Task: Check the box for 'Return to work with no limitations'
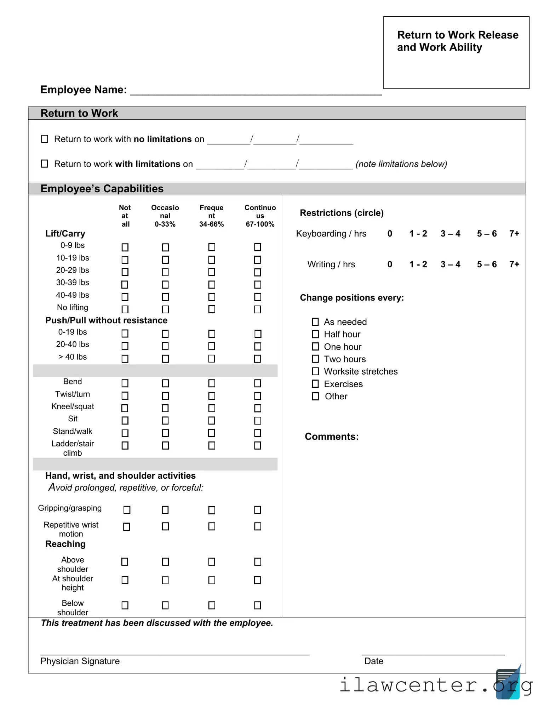[x=45, y=139]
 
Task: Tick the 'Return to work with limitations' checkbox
[x=45, y=164]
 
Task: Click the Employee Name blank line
[x=256, y=91]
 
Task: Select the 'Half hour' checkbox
[x=315, y=334]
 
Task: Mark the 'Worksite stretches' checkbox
[x=315, y=371]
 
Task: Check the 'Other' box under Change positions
[x=315, y=396]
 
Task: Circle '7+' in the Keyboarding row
[x=514, y=234]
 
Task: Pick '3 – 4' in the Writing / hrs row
[x=450, y=264]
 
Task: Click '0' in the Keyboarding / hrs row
[x=390, y=234]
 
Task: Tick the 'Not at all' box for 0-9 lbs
[x=125, y=247]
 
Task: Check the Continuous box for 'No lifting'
[x=258, y=309]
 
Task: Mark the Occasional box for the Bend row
[x=165, y=383]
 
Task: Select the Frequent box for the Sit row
[x=212, y=421]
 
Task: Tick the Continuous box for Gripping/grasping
[x=258, y=510]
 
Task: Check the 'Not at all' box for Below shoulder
[x=125, y=605]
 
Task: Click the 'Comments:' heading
[x=332, y=437]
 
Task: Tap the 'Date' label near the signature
[x=374, y=661]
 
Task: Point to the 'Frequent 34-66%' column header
[x=211, y=216]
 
